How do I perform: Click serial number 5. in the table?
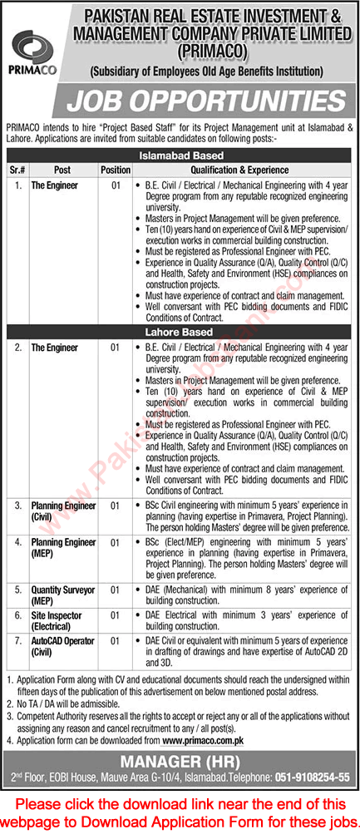16,589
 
